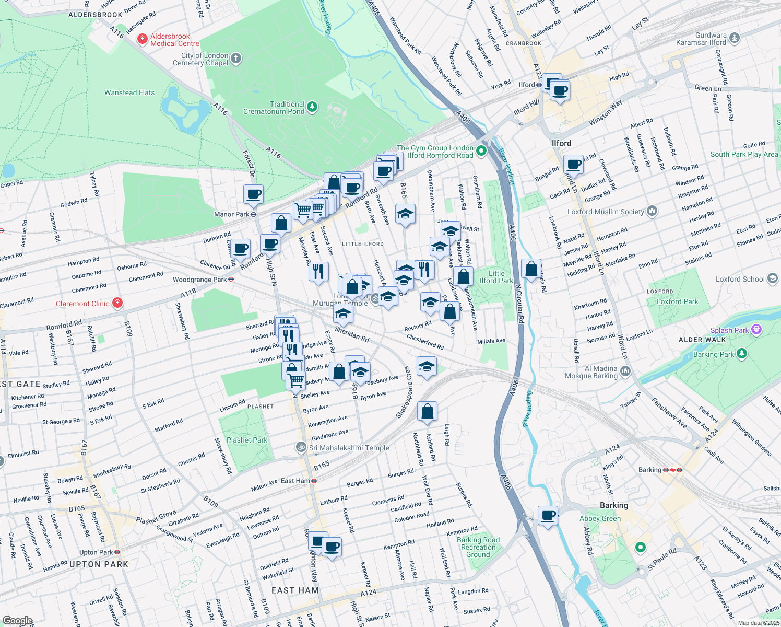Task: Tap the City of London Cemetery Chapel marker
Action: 236,59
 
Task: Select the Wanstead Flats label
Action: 129,92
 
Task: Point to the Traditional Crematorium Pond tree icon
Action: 312,107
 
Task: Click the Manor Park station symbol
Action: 253,214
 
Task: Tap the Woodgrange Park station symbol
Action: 231,280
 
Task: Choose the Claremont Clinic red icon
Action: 117,303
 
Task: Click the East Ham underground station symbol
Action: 314,481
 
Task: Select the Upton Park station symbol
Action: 117,552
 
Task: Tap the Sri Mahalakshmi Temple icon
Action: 301,447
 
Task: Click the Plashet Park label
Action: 247,440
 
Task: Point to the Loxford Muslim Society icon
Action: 652,211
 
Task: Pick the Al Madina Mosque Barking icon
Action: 625,371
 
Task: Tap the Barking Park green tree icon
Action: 742,354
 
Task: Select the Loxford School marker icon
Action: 772,278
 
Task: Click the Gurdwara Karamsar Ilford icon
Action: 735,38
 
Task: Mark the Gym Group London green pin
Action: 481,152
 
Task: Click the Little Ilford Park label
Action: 496,277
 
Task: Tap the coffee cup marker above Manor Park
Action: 254,194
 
